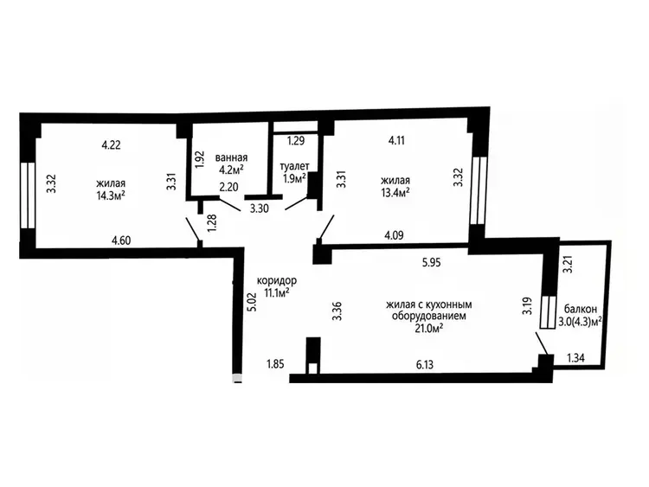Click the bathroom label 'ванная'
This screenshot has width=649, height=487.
[231, 157]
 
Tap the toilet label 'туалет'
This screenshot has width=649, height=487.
[295, 166]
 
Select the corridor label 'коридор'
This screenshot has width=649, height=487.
[277, 280]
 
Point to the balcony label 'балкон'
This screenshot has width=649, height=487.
[581, 309]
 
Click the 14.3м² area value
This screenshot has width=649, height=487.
[111, 195]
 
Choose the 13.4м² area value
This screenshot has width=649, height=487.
[395, 192]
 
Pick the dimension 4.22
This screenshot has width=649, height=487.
[111, 145]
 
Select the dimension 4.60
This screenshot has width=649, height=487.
[121, 240]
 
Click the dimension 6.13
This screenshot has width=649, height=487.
[425, 365]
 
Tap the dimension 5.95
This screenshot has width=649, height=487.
[431, 262]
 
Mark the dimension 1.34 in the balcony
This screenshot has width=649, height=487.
[575, 358]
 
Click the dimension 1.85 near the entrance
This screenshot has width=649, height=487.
[275, 364]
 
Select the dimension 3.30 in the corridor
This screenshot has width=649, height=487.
[260, 208]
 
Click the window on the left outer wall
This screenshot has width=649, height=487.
[28, 195]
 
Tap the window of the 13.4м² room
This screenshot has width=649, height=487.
[478, 191]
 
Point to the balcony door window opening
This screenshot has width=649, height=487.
[548, 312]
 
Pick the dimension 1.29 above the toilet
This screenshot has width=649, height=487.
[296, 141]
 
